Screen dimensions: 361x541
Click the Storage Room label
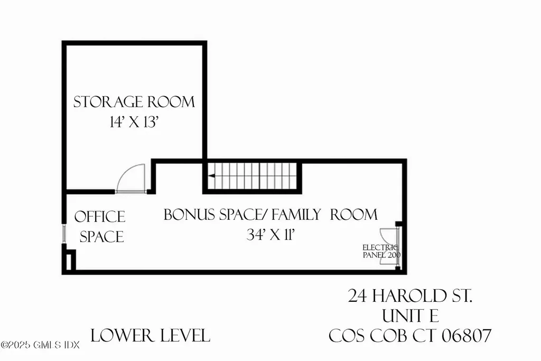coord(134,101)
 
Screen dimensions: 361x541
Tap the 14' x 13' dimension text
coord(134,122)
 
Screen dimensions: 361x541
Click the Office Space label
coord(100,226)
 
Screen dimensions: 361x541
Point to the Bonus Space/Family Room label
coord(270,215)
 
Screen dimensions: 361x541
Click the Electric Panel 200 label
coord(381,251)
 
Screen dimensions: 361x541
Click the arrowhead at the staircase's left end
coord(211,177)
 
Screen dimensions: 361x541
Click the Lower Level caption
coord(151,335)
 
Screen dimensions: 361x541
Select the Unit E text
coord(411,316)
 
